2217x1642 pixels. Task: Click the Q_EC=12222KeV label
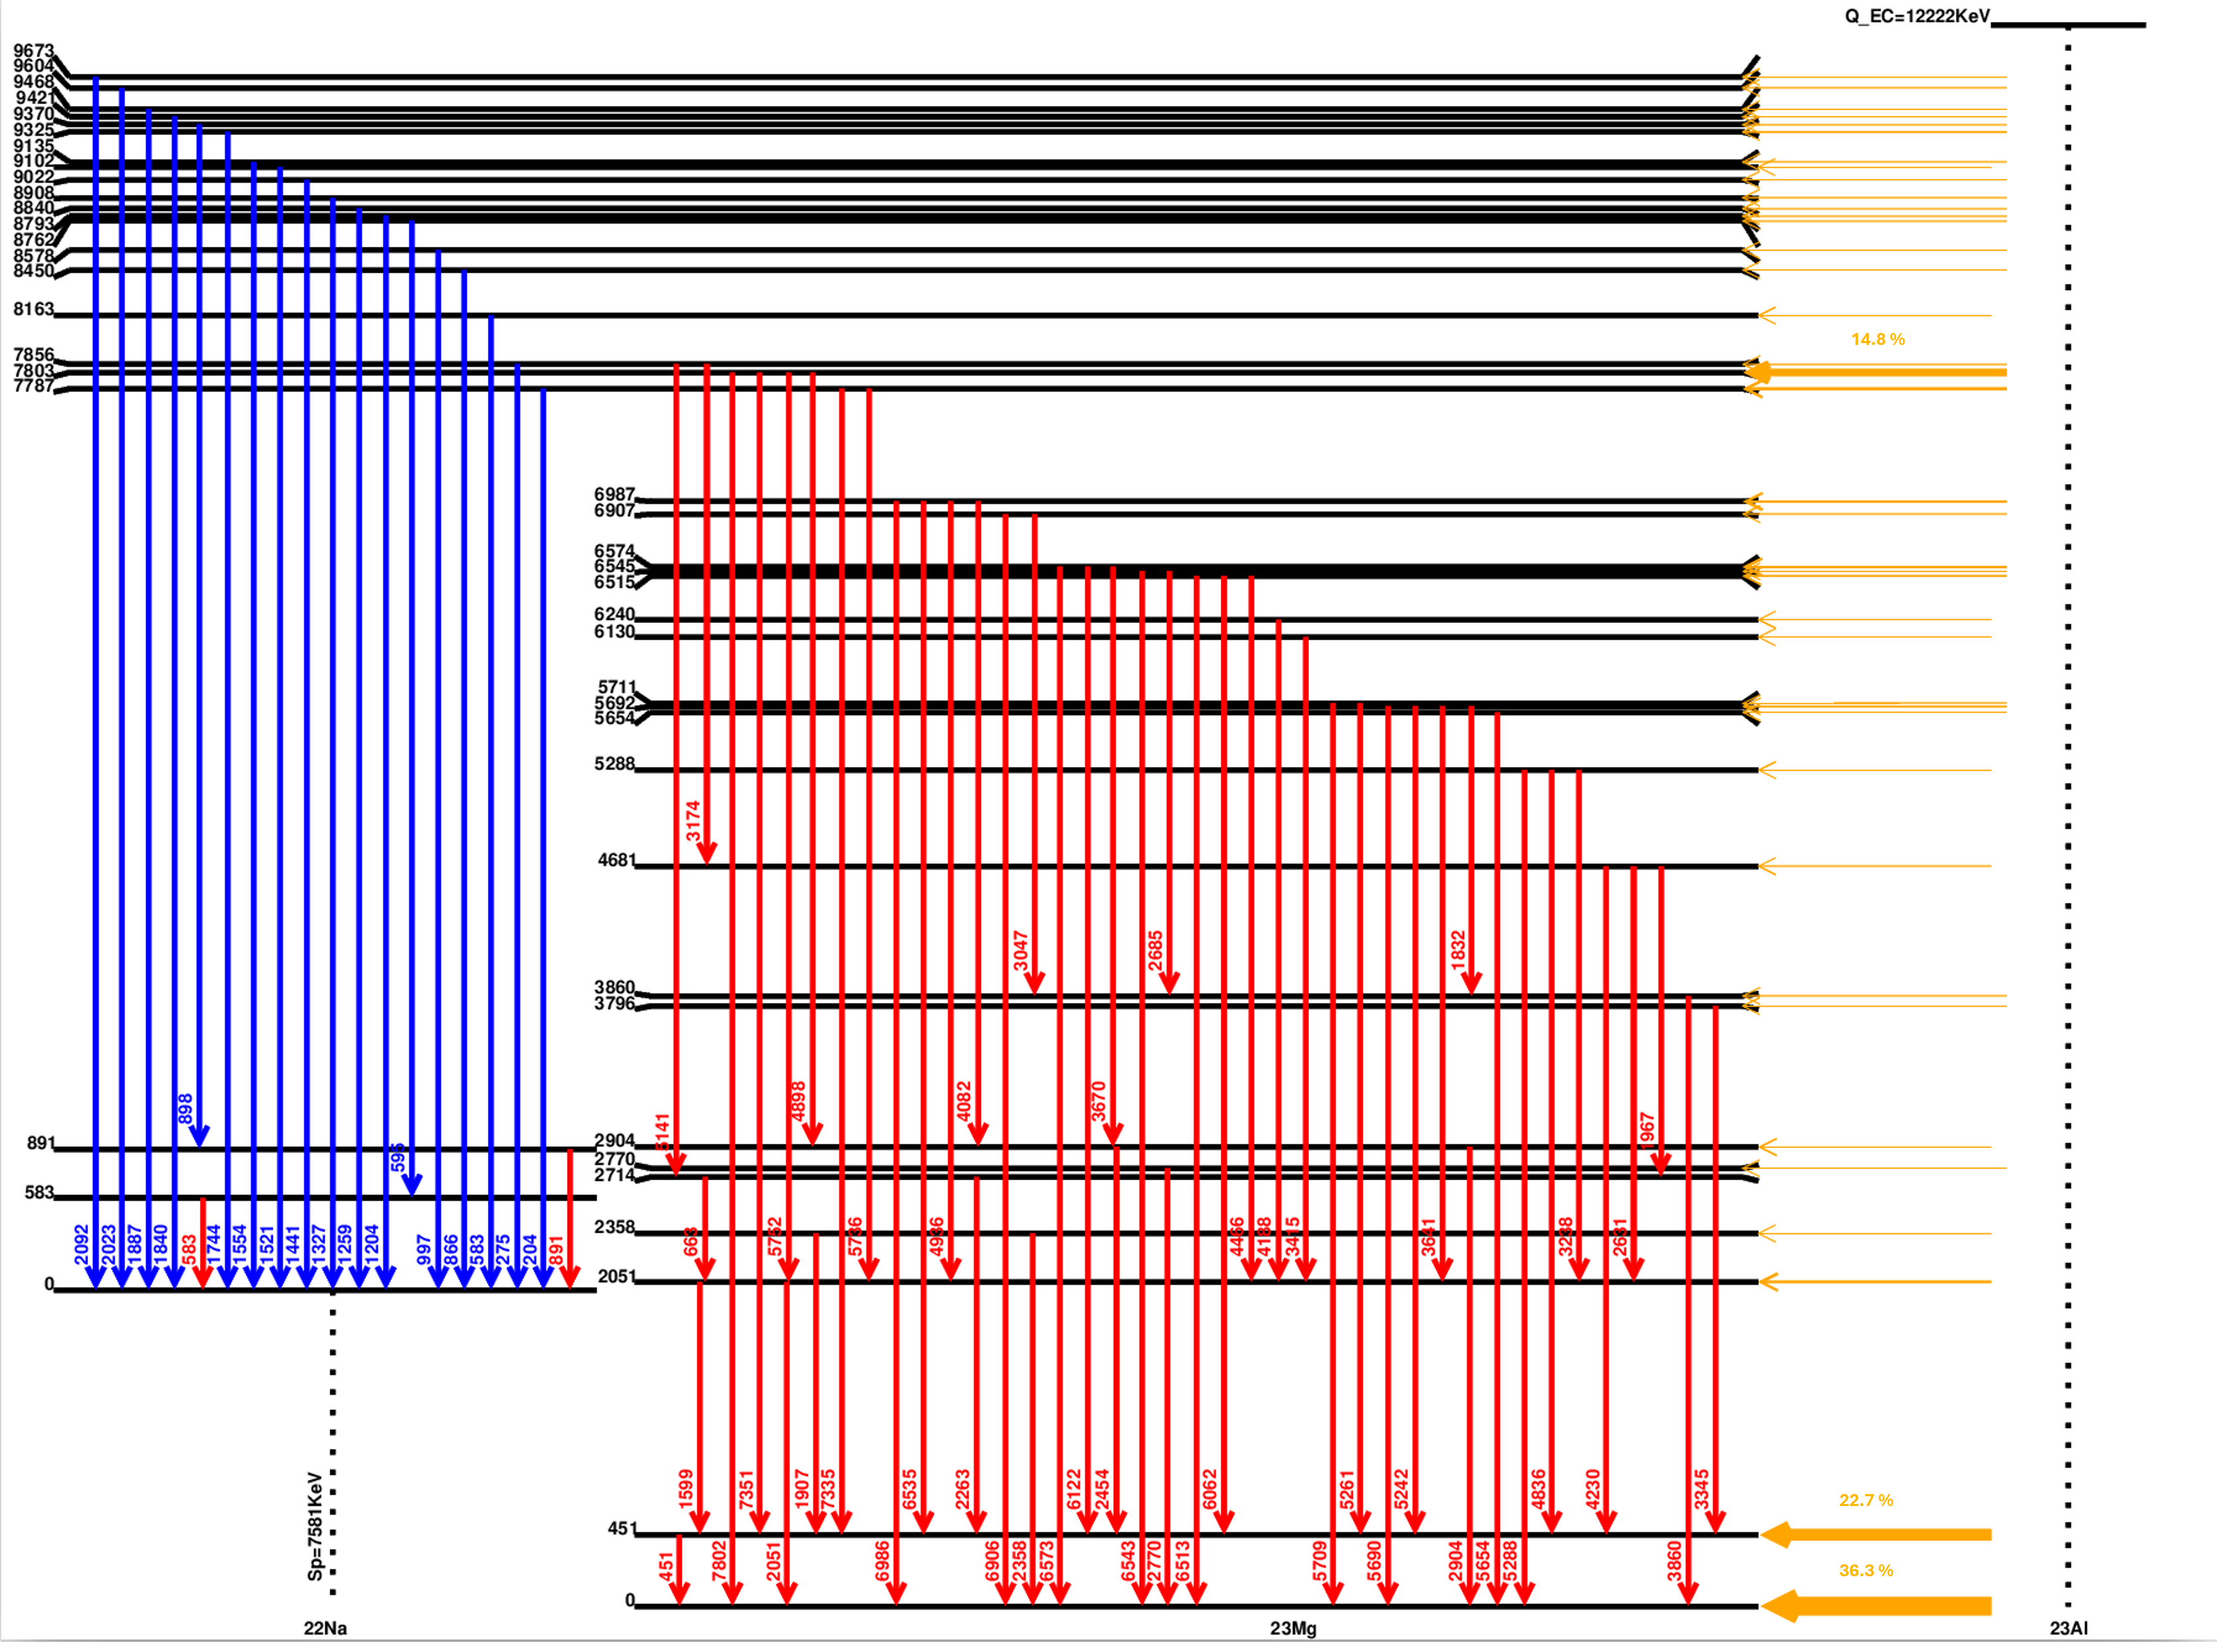tap(1917, 16)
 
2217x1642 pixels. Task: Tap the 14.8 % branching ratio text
tap(1877, 340)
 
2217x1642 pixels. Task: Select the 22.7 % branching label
tap(1865, 1500)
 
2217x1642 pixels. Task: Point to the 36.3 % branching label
tap(1865, 1570)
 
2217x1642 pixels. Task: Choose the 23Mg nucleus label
tap(1292, 1628)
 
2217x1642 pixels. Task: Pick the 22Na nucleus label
tap(325, 1628)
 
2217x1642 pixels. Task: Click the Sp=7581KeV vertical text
tap(315, 1527)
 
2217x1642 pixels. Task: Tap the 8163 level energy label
tap(33, 309)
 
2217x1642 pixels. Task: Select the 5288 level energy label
tap(613, 764)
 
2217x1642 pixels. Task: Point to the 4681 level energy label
tap(615, 860)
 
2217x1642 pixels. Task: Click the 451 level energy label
tap(621, 1529)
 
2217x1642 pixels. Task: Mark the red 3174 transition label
tap(693, 821)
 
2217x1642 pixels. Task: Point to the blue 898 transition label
tap(185, 1108)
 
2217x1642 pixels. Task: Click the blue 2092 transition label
tap(82, 1245)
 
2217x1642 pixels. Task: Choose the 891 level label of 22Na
tap(40, 1143)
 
